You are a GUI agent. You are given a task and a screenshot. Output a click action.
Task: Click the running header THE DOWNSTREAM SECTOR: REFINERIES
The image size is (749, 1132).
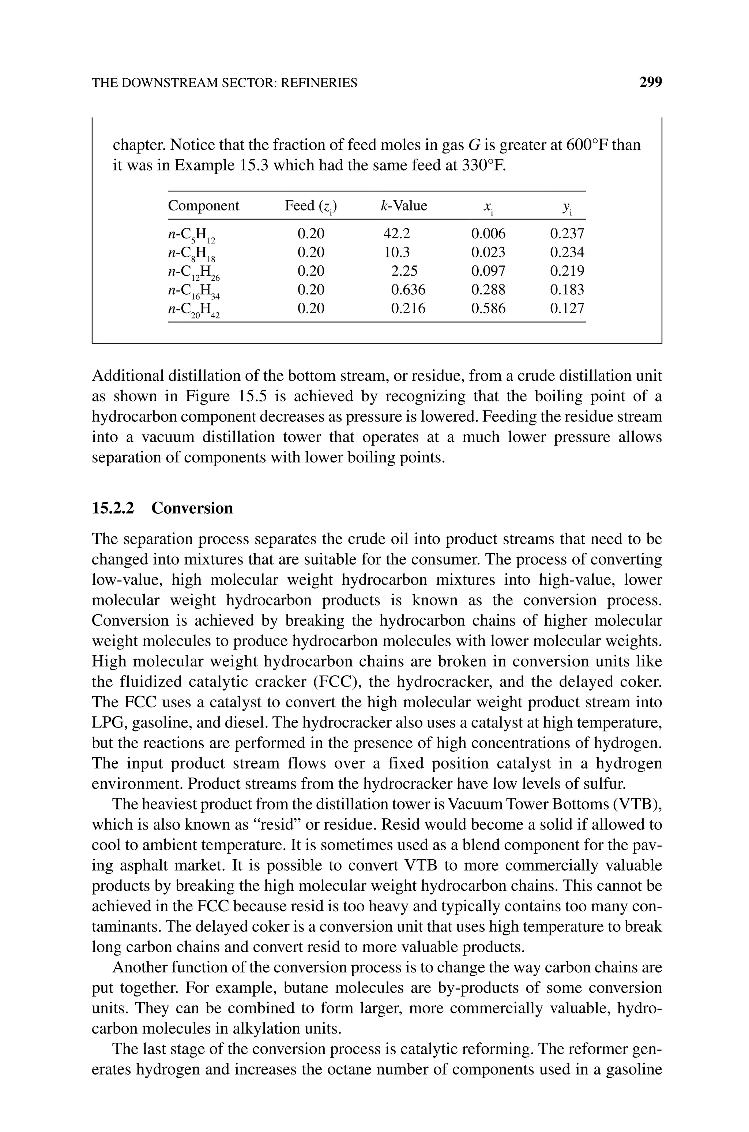224,83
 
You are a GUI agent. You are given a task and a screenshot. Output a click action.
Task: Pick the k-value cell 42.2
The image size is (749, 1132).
396,234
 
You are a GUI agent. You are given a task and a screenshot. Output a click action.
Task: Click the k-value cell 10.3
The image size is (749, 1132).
396,252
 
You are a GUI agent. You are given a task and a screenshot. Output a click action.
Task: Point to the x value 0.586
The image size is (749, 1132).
488,308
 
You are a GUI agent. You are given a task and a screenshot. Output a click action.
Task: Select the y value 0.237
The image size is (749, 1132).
567,234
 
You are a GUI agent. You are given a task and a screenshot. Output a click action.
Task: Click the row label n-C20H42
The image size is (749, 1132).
193,310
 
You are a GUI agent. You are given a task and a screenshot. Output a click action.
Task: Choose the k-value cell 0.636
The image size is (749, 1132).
407,290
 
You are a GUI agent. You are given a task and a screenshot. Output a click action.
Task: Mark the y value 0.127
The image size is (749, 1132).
567,308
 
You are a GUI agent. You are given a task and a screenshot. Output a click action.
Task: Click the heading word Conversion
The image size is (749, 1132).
192,508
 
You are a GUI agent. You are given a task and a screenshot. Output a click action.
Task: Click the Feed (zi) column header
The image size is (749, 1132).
310,206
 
